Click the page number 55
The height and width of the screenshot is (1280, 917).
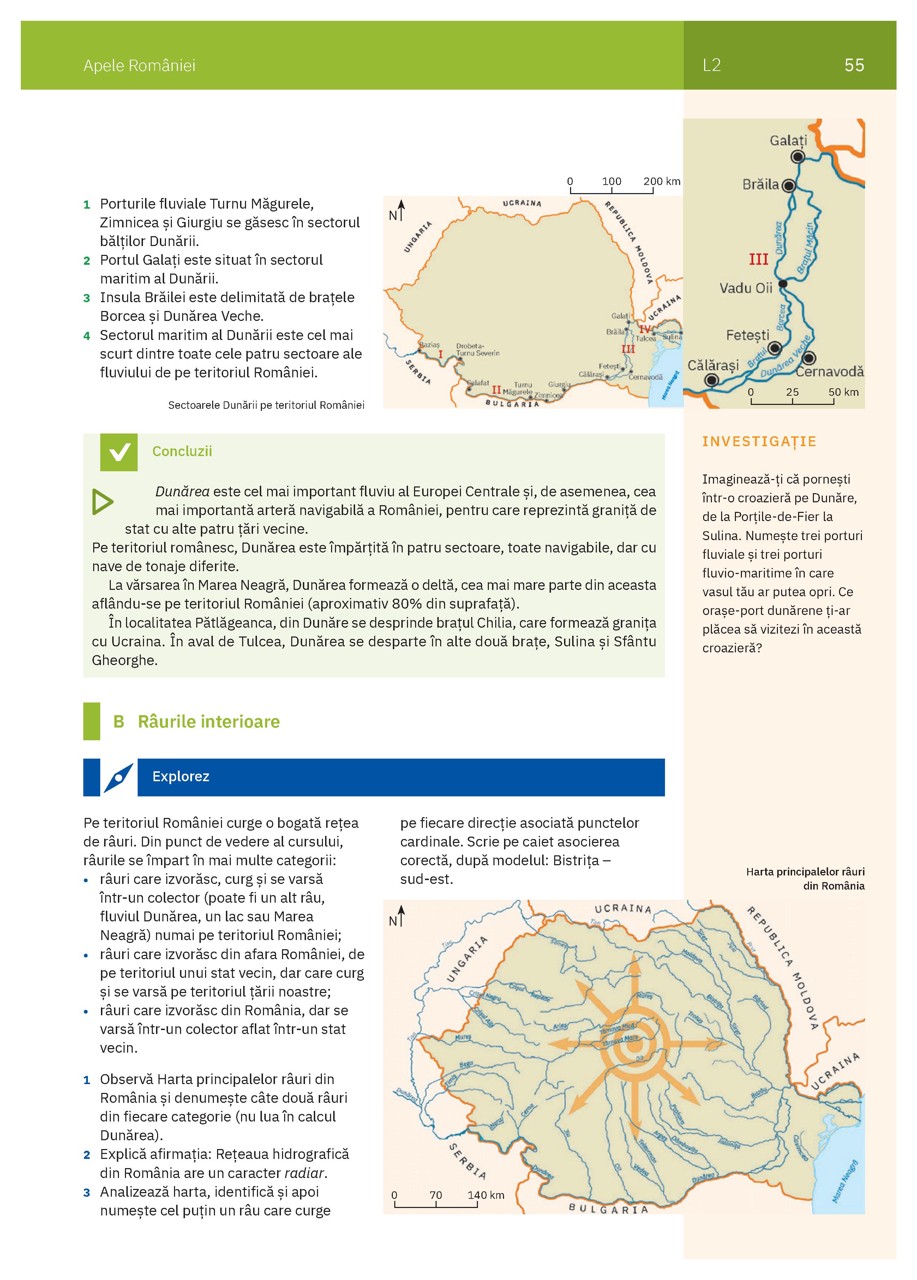pos(854,65)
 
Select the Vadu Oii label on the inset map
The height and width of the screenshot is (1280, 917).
pos(745,288)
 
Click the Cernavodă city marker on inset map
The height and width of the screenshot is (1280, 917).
pos(809,358)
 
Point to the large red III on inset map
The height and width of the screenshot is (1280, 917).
pos(759,259)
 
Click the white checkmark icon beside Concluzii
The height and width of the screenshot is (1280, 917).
pos(119,452)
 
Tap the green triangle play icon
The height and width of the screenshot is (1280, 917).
pos(103,502)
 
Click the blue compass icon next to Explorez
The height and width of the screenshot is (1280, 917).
pos(119,778)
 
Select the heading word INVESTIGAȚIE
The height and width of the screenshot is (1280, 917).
pos(759,441)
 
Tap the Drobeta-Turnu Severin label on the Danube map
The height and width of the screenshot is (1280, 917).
pos(478,349)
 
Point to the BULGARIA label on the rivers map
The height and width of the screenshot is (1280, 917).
pos(608,1209)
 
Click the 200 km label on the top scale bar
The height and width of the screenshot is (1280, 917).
pos(661,182)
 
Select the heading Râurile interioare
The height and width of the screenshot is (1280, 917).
pos(209,722)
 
